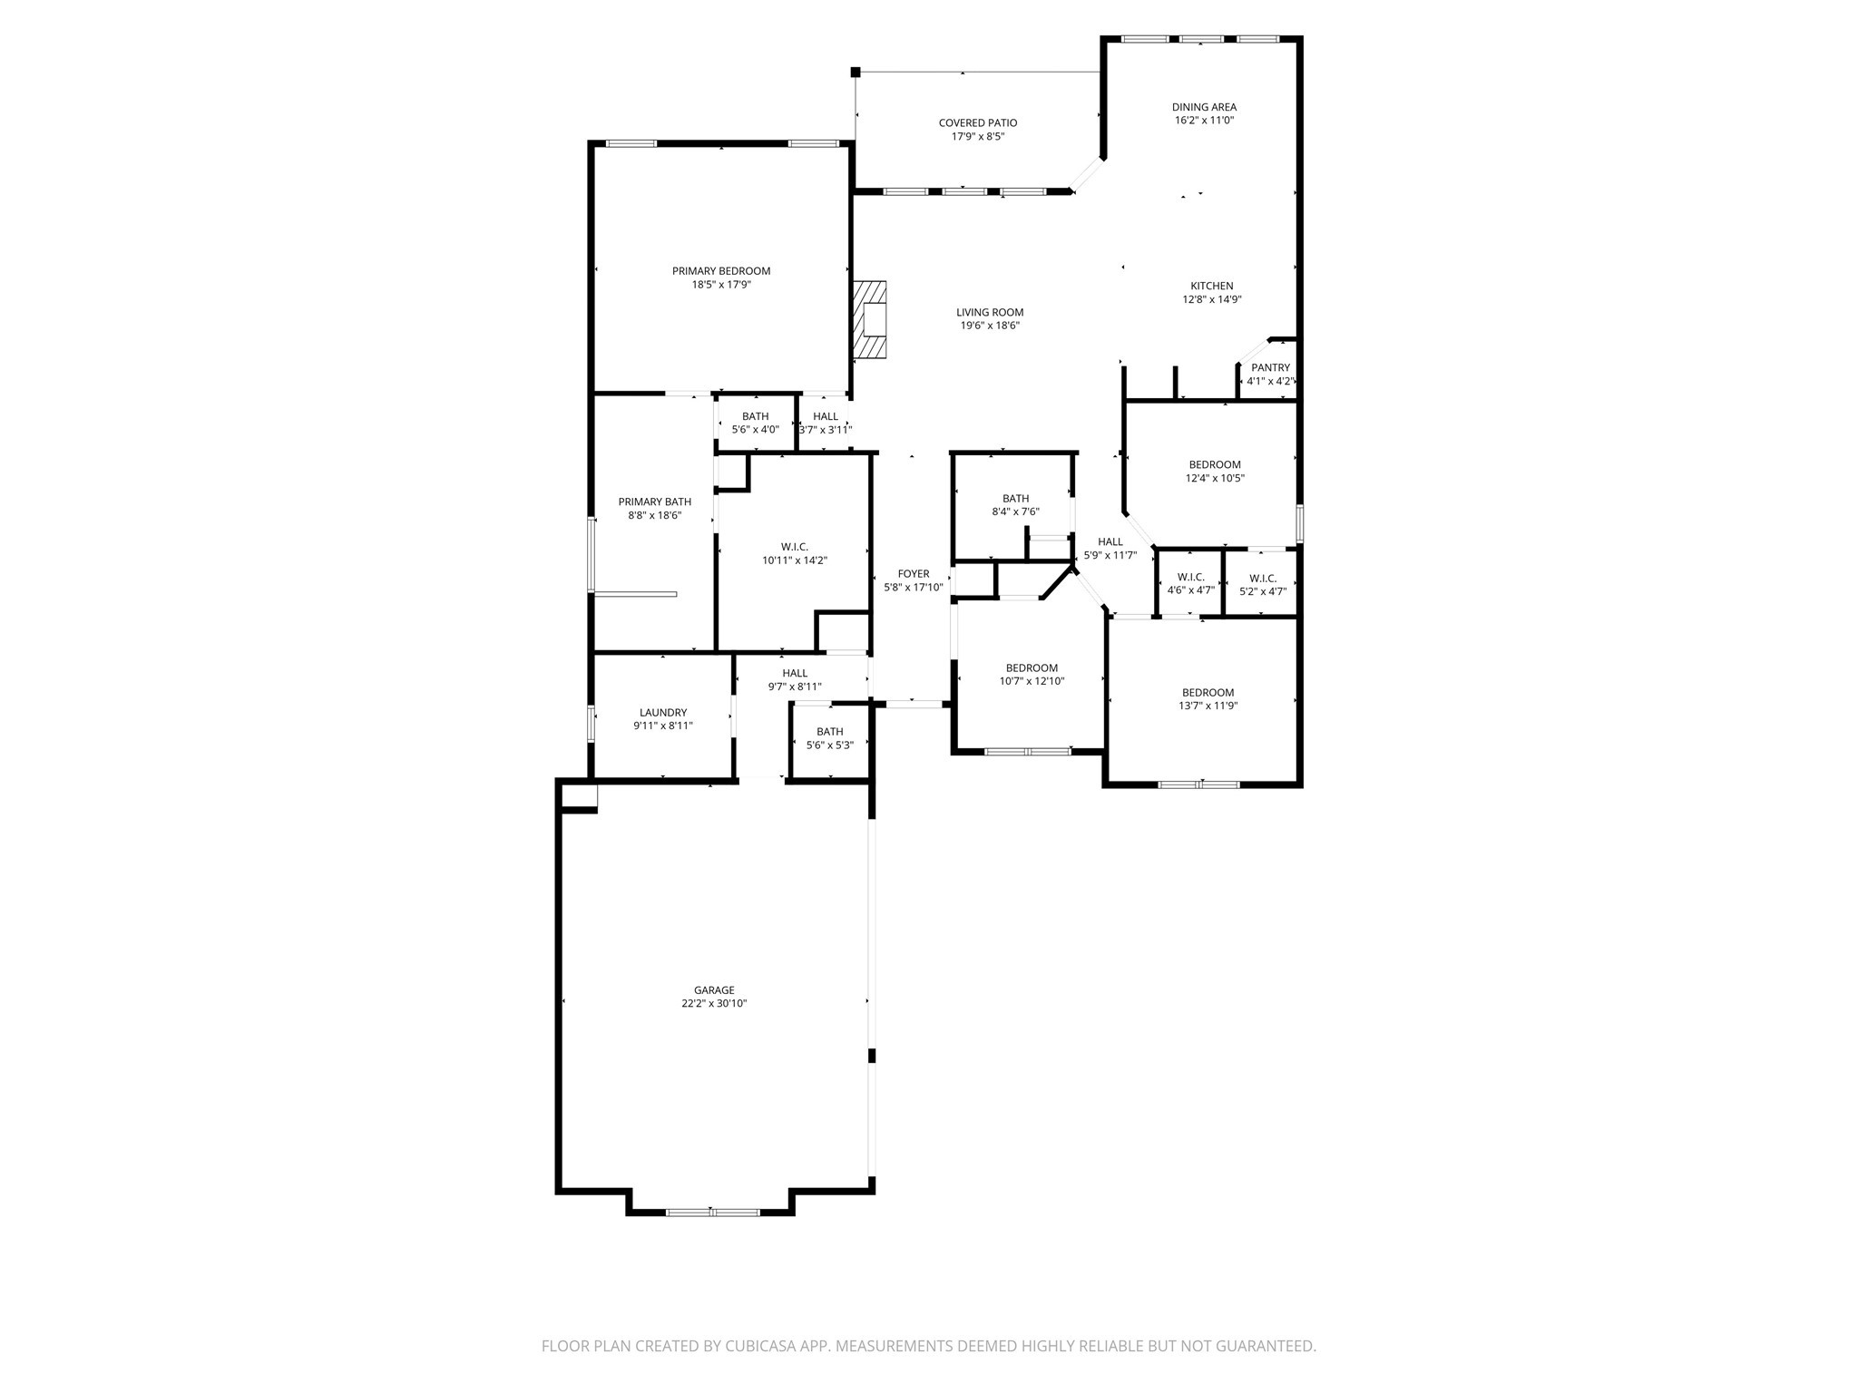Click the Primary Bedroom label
721,271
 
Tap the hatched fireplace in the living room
869,319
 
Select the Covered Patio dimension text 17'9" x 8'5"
977,137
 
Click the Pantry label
1270,367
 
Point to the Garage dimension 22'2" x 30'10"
714,1004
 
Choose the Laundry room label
663,713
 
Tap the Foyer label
914,574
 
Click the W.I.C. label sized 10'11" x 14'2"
795,547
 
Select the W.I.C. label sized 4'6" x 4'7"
1190,578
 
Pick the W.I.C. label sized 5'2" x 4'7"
1263,579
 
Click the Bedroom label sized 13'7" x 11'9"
1208,693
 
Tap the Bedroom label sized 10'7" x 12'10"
1032,668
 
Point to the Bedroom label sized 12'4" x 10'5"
1215,465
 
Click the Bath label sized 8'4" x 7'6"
1015,499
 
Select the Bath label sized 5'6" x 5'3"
829,732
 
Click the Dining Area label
1204,107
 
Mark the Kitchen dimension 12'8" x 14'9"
1211,299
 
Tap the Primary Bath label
654,502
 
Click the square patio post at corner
855,72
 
